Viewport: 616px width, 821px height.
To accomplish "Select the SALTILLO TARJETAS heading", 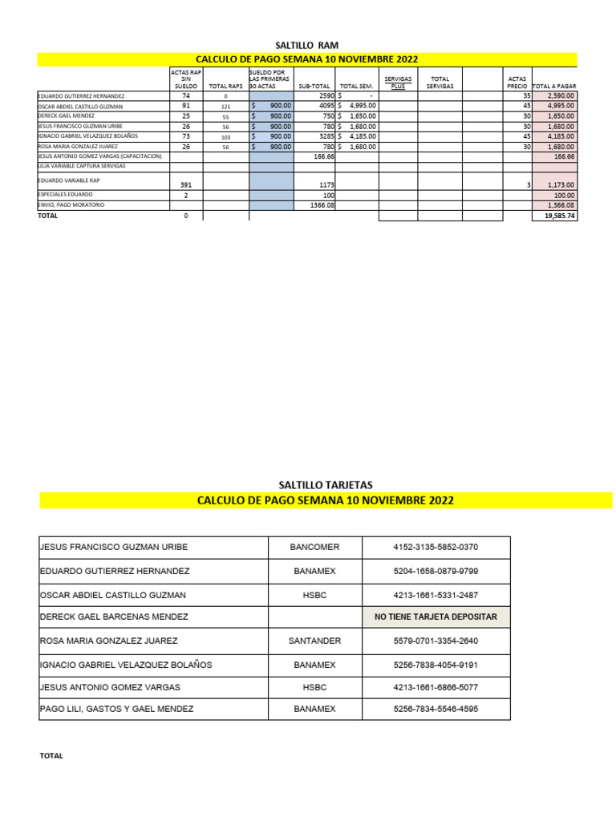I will [325, 484].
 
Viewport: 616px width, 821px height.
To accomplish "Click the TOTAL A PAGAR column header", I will [554, 86].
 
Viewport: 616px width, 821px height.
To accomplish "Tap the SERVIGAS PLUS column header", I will [398, 83].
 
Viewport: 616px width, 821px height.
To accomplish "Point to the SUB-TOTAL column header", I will [314, 86].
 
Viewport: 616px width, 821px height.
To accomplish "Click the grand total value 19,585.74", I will [559, 216].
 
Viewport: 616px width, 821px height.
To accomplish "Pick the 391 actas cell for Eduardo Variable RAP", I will [186, 184].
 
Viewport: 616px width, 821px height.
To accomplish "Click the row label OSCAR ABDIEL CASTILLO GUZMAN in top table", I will [80, 106].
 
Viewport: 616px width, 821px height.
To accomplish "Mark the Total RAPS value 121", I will [225, 106].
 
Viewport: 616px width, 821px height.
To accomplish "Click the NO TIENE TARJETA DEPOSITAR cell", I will [436, 617].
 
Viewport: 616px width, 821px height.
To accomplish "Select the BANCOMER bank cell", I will [314, 547].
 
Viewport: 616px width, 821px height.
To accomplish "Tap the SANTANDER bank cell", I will [314, 641].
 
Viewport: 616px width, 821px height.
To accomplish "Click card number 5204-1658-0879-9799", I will [436, 571].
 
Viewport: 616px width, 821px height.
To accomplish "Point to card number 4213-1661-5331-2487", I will [436, 595].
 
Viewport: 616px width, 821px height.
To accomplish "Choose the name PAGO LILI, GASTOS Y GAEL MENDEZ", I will [116, 709].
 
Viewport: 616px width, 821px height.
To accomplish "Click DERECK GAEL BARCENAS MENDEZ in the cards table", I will [114, 617].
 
